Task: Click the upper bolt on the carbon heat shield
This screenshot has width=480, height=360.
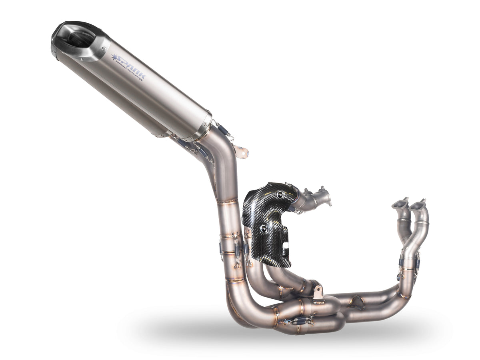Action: [279, 195]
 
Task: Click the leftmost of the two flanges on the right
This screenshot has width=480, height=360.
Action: [400, 204]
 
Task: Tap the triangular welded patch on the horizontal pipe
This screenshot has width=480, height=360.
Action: [356, 302]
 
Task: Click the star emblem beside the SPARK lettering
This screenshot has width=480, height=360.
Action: [116, 58]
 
